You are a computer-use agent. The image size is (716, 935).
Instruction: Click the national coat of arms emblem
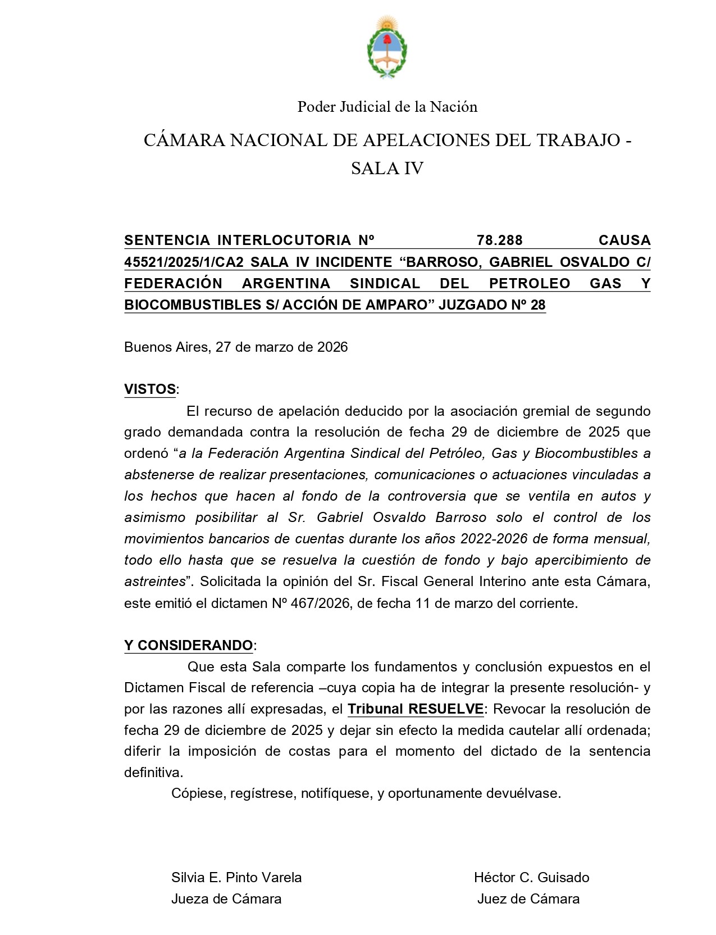[387, 48]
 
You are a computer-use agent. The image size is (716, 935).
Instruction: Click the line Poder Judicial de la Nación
[387, 107]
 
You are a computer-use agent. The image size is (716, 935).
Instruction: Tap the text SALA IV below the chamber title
[387, 168]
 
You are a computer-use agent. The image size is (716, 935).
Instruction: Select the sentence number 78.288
[499, 240]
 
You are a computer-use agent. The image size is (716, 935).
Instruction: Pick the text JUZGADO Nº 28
[492, 305]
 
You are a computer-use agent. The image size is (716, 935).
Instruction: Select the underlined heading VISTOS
[150, 389]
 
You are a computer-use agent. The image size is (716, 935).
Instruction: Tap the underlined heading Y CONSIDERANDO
[189, 645]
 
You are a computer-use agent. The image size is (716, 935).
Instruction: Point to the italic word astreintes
[154, 581]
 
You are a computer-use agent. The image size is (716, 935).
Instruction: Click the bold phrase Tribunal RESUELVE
[416, 709]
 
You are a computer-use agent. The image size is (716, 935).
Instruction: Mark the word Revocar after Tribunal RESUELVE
[520, 709]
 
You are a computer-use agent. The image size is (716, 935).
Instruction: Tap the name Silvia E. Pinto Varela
[236, 877]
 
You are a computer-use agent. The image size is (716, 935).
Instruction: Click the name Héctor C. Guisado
[531, 877]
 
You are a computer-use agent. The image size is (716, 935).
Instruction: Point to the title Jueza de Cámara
[226, 898]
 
